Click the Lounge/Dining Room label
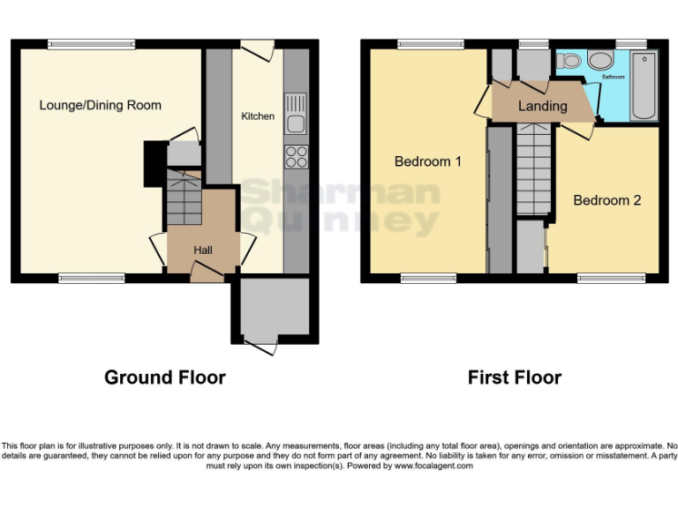coord(100,105)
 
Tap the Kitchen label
coord(258,116)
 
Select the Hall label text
coord(203,250)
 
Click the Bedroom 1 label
coord(427,161)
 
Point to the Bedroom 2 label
coord(606,200)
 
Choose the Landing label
coord(542,106)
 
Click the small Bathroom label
coord(613,78)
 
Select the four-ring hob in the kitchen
coord(296,157)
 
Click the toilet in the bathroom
coord(570,61)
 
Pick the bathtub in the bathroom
coord(644,86)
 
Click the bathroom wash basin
coord(602,60)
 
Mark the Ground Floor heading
coord(165,377)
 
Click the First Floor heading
coord(514,377)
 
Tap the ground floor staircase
coord(183,201)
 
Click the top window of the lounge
coord(91,42)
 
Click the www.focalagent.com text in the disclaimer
coord(433,466)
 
